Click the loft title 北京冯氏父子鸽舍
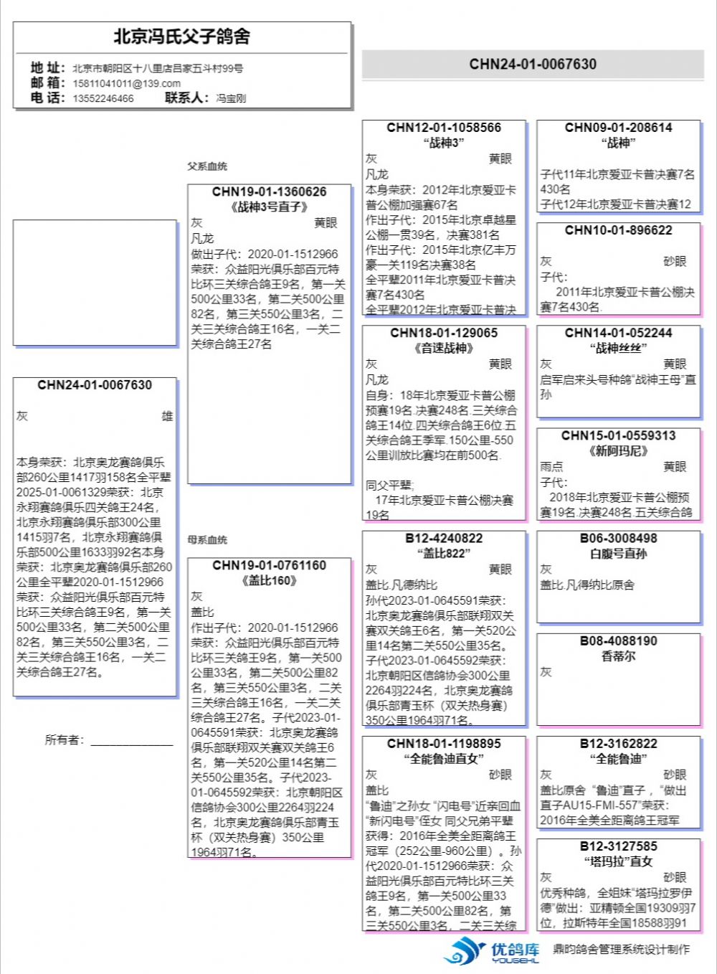coord(181,37)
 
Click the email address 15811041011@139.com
coord(126,83)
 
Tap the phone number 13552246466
coord(103,98)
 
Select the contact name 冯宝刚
coord(231,98)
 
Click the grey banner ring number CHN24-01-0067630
coord(533,65)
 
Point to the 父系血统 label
coord(207,166)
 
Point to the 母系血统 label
coord(207,540)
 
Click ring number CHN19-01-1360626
coord(269,192)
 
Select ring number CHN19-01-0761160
coord(269,566)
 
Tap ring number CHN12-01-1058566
coord(444,128)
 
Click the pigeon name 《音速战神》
coord(444,349)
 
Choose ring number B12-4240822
coord(444,539)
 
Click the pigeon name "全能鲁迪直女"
coord(444,759)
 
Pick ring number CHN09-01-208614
coord(618,128)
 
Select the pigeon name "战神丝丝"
coord(618,349)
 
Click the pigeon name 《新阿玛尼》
coord(618,451)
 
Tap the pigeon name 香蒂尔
coord(618,656)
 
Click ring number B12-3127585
coord(618,846)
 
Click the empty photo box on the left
coord(95,283)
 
